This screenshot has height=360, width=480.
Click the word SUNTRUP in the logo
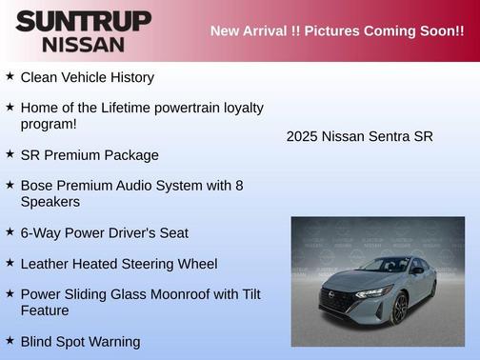(x=83, y=21)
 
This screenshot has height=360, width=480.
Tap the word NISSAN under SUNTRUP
(x=83, y=44)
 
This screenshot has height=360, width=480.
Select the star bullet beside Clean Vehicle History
(x=10, y=75)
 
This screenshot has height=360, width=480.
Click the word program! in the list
(x=49, y=124)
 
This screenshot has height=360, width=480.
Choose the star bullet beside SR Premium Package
(x=10, y=153)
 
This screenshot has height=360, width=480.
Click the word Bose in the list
(x=37, y=186)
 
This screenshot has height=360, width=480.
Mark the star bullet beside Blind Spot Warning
(x=10, y=340)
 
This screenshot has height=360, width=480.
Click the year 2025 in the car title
(x=302, y=136)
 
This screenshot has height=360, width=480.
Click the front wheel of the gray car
(x=401, y=309)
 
